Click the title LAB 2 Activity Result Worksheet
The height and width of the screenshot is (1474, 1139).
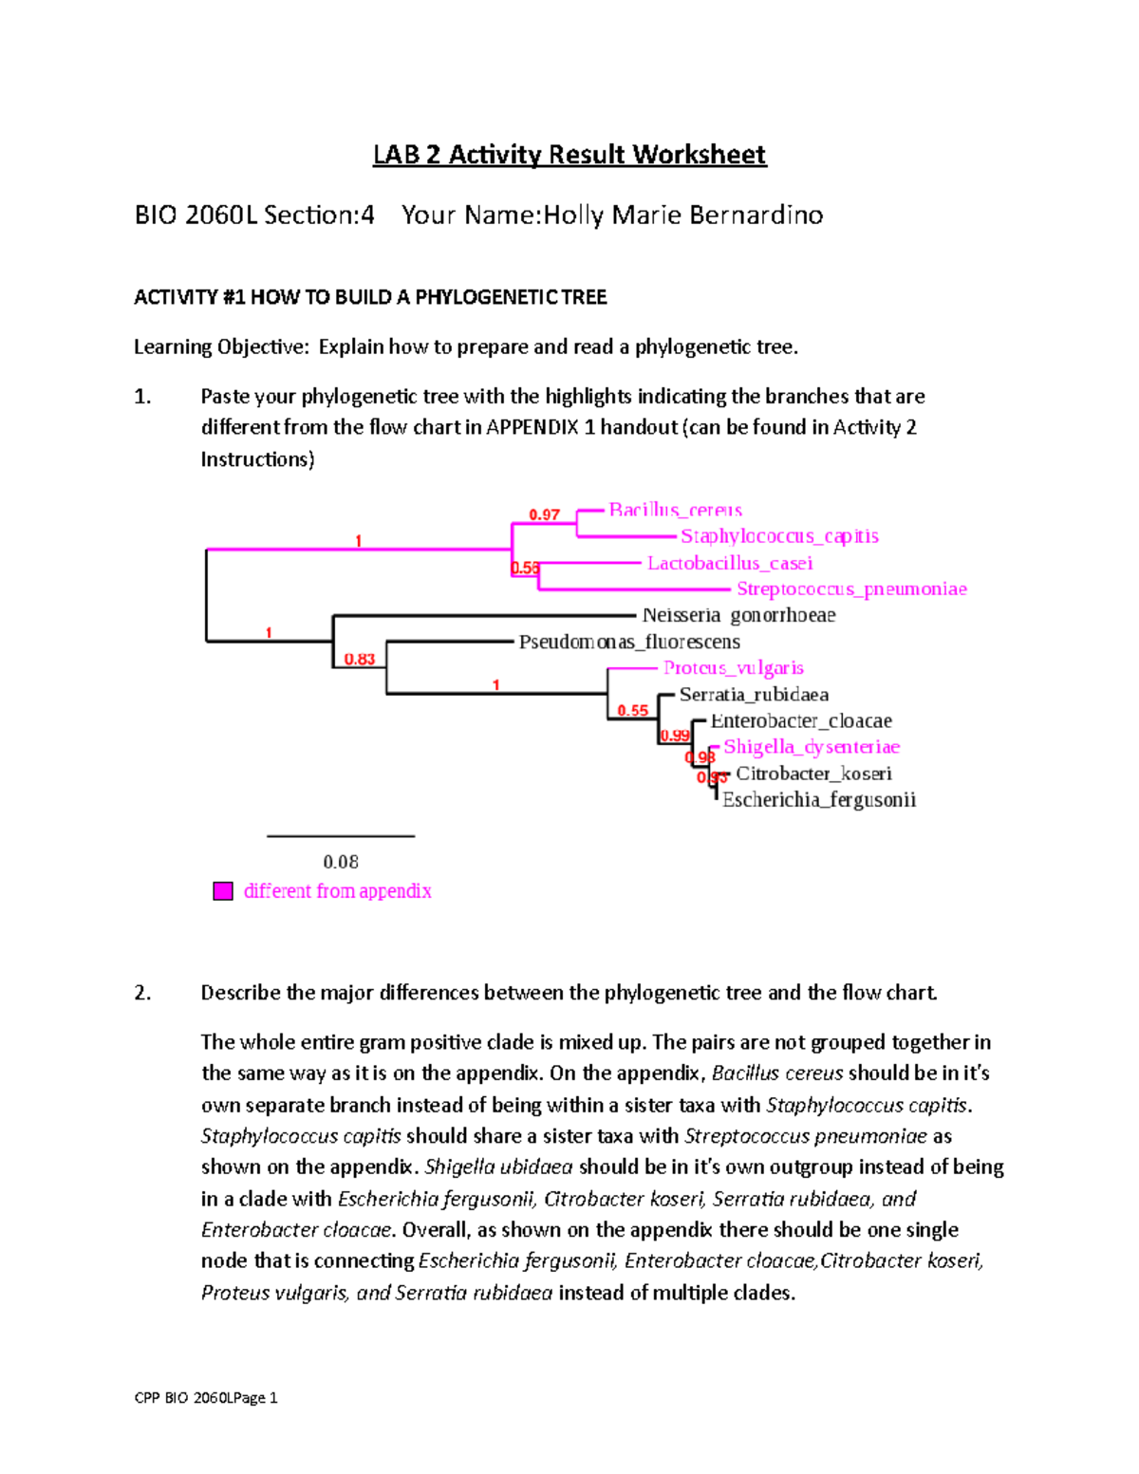point(569,155)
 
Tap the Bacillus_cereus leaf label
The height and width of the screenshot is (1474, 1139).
point(675,510)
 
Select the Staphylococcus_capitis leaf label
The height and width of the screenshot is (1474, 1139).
point(779,536)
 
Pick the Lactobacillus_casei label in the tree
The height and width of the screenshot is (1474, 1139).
point(729,563)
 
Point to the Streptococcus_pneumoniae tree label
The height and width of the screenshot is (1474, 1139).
point(851,589)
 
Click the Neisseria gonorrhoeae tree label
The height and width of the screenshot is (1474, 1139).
point(738,615)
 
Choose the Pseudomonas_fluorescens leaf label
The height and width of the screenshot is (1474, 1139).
point(628,642)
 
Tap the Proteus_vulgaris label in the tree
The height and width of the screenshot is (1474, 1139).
point(733,668)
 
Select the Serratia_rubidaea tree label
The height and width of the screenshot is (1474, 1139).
point(754,695)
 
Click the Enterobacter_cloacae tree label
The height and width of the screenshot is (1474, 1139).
point(800,721)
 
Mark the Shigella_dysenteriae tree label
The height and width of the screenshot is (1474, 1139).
point(811,747)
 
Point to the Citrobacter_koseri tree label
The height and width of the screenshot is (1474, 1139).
point(813,774)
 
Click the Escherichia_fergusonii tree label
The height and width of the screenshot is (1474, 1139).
point(818,800)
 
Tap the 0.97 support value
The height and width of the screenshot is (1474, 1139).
point(544,515)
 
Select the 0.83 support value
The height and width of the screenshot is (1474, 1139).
point(359,659)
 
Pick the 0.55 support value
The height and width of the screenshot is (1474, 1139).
point(632,710)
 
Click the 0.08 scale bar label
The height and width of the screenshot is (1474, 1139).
point(341,862)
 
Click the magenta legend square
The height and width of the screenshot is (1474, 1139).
point(223,891)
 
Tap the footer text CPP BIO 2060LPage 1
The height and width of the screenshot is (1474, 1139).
point(206,1397)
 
